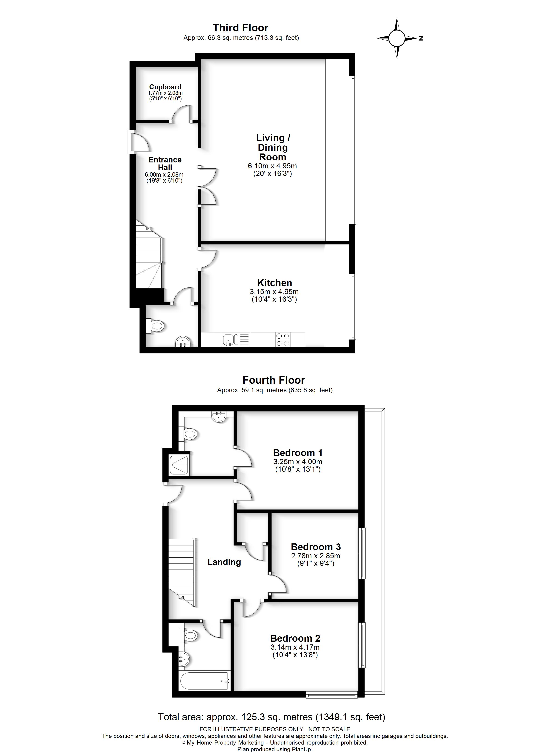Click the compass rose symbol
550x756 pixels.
click(x=397, y=38)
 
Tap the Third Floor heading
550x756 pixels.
click(x=240, y=28)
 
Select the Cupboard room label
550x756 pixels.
click(x=165, y=87)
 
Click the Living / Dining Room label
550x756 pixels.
click(x=273, y=147)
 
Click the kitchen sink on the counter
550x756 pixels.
click(x=229, y=340)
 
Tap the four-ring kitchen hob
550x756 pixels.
click(x=283, y=340)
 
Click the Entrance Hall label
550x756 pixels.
click(x=165, y=164)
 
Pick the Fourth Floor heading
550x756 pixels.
click(x=273, y=380)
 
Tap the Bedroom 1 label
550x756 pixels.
click(x=297, y=453)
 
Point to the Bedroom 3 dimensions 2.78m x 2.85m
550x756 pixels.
click(x=316, y=556)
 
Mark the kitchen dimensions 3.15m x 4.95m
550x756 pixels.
click(x=274, y=292)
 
